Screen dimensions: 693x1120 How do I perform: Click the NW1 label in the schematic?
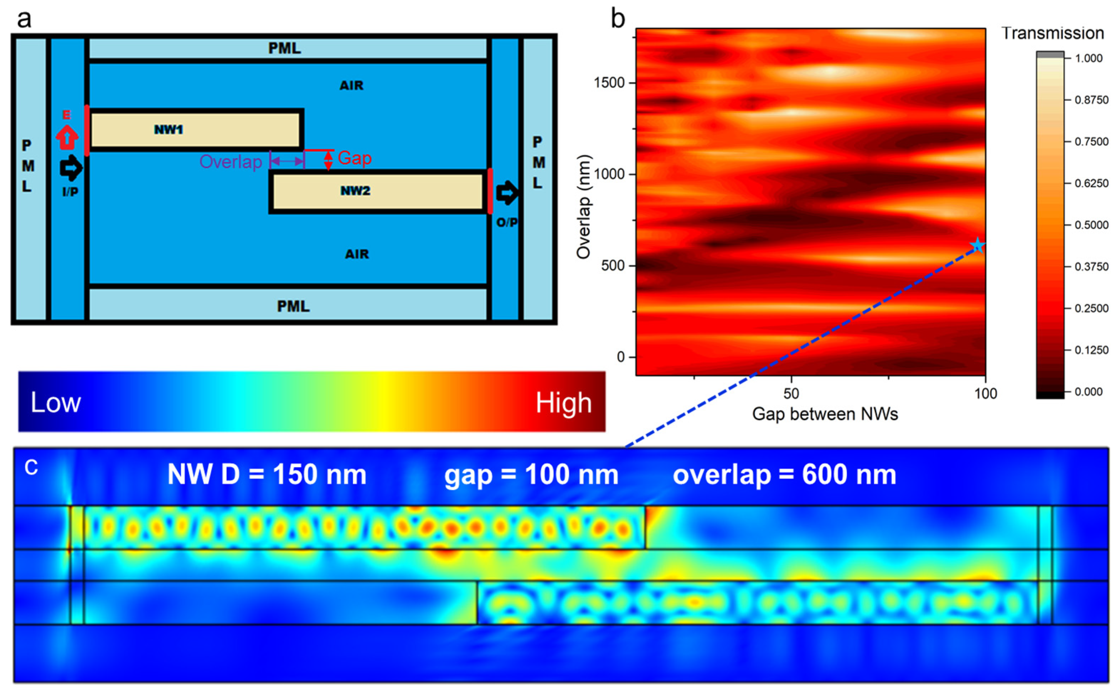click(x=168, y=130)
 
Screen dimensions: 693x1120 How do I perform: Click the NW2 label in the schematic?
click(x=355, y=191)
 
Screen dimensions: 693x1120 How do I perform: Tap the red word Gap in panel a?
click(x=355, y=158)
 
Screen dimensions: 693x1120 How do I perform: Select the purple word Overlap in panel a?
click(x=230, y=162)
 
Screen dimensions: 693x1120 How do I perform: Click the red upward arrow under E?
click(x=67, y=137)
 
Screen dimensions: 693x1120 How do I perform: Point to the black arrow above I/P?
click(x=71, y=168)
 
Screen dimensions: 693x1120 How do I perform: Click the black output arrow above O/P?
click(x=507, y=193)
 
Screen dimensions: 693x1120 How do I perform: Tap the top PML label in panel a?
click(x=284, y=48)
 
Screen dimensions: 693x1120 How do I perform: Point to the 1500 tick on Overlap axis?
click(x=609, y=83)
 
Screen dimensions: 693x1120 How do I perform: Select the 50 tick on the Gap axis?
click(x=791, y=393)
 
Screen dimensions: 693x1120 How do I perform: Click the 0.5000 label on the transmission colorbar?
click(x=1091, y=225)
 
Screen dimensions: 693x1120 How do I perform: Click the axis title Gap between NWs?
click(x=825, y=414)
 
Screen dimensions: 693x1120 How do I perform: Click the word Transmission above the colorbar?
click(x=1052, y=33)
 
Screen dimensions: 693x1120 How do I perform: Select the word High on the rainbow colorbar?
click(x=563, y=403)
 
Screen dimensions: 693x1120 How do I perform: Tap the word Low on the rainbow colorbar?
click(x=56, y=403)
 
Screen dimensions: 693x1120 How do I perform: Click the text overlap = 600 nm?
click(x=784, y=475)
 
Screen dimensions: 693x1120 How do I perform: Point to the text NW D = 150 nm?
click(x=267, y=474)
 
